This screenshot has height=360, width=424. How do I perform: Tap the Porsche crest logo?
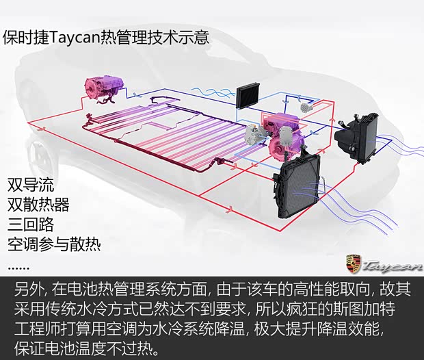tap(354, 263)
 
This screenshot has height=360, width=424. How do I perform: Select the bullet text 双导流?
tap(31, 185)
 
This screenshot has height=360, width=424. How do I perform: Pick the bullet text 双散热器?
tap(38, 205)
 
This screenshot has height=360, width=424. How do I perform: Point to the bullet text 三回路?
tap(31, 224)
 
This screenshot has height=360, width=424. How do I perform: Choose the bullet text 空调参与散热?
tap(54, 244)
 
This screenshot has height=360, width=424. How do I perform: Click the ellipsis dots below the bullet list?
tap(18, 268)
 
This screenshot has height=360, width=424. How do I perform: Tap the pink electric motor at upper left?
tap(105, 89)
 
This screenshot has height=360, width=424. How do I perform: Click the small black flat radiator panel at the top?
tap(248, 97)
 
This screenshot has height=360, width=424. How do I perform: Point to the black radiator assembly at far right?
tap(357, 138)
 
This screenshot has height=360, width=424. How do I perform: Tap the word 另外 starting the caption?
tap(29, 289)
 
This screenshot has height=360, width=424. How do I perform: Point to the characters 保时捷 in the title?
tap(26, 38)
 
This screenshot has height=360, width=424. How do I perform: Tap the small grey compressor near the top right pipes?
tap(308, 107)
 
